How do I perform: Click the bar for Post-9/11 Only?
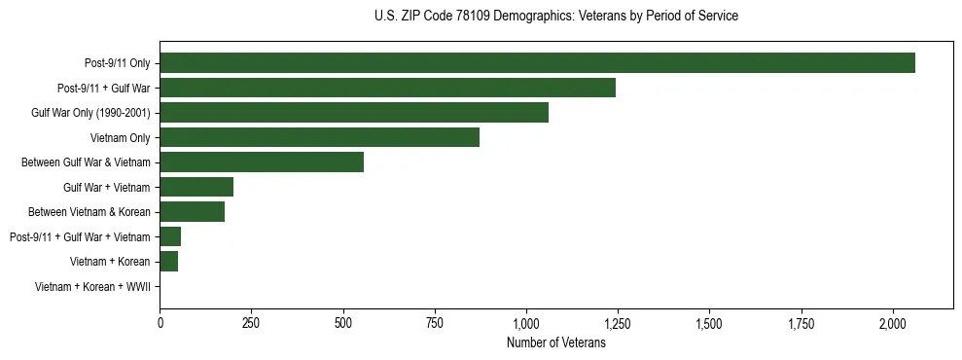pos(537,63)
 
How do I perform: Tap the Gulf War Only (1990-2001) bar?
pos(354,113)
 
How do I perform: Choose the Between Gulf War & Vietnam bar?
pos(262,162)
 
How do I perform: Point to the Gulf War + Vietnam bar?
pos(196,187)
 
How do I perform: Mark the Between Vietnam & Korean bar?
pos(192,212)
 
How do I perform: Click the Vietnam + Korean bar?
pos(168,262)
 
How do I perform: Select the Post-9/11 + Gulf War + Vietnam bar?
pos(170,236)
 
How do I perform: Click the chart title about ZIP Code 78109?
pos(555,17)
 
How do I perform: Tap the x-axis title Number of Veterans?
pos(555,343)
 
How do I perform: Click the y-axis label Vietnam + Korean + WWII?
pos(92,287)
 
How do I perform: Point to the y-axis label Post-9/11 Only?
pos(117,63)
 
